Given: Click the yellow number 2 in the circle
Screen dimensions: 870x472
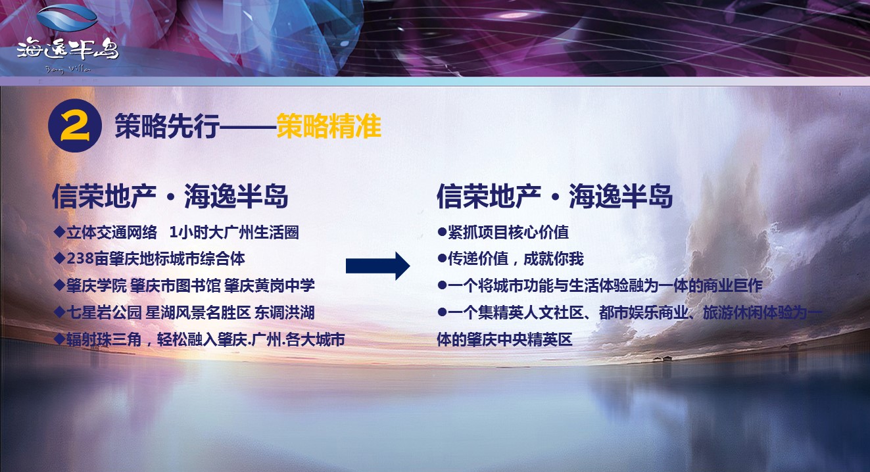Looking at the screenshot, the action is click(75, 126).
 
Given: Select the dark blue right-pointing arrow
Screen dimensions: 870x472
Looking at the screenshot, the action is click(377, 266).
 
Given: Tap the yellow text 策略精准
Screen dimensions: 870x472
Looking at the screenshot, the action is click(329, 126).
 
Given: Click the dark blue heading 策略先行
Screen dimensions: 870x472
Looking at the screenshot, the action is click(167, 126).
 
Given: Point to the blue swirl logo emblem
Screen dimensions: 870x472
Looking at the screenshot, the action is click(67, 18).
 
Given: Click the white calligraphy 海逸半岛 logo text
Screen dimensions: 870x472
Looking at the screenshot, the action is click(68, 49).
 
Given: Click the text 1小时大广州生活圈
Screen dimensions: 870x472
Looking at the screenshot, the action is click(234, 233).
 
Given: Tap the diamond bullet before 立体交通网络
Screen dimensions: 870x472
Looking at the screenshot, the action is click(59, 232).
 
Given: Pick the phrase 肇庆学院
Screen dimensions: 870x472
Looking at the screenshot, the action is click(96, 286).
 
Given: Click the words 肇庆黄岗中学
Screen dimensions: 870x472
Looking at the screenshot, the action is click(270, 286).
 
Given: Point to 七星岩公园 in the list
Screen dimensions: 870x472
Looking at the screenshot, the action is click(104, 313).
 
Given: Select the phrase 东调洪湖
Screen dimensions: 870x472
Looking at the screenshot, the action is click(284, 313).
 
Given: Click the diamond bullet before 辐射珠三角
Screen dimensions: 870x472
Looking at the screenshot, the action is click(59, 339).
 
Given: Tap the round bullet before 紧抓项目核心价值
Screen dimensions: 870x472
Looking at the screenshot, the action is click(442, 232).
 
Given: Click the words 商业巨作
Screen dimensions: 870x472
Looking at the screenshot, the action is click(732, 286).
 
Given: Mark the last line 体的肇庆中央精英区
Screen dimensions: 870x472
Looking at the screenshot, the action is click(504, 340).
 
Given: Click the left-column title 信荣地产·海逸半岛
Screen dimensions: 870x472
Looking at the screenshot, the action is click(170, 197).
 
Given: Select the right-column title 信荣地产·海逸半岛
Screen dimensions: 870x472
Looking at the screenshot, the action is click(554, 197).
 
